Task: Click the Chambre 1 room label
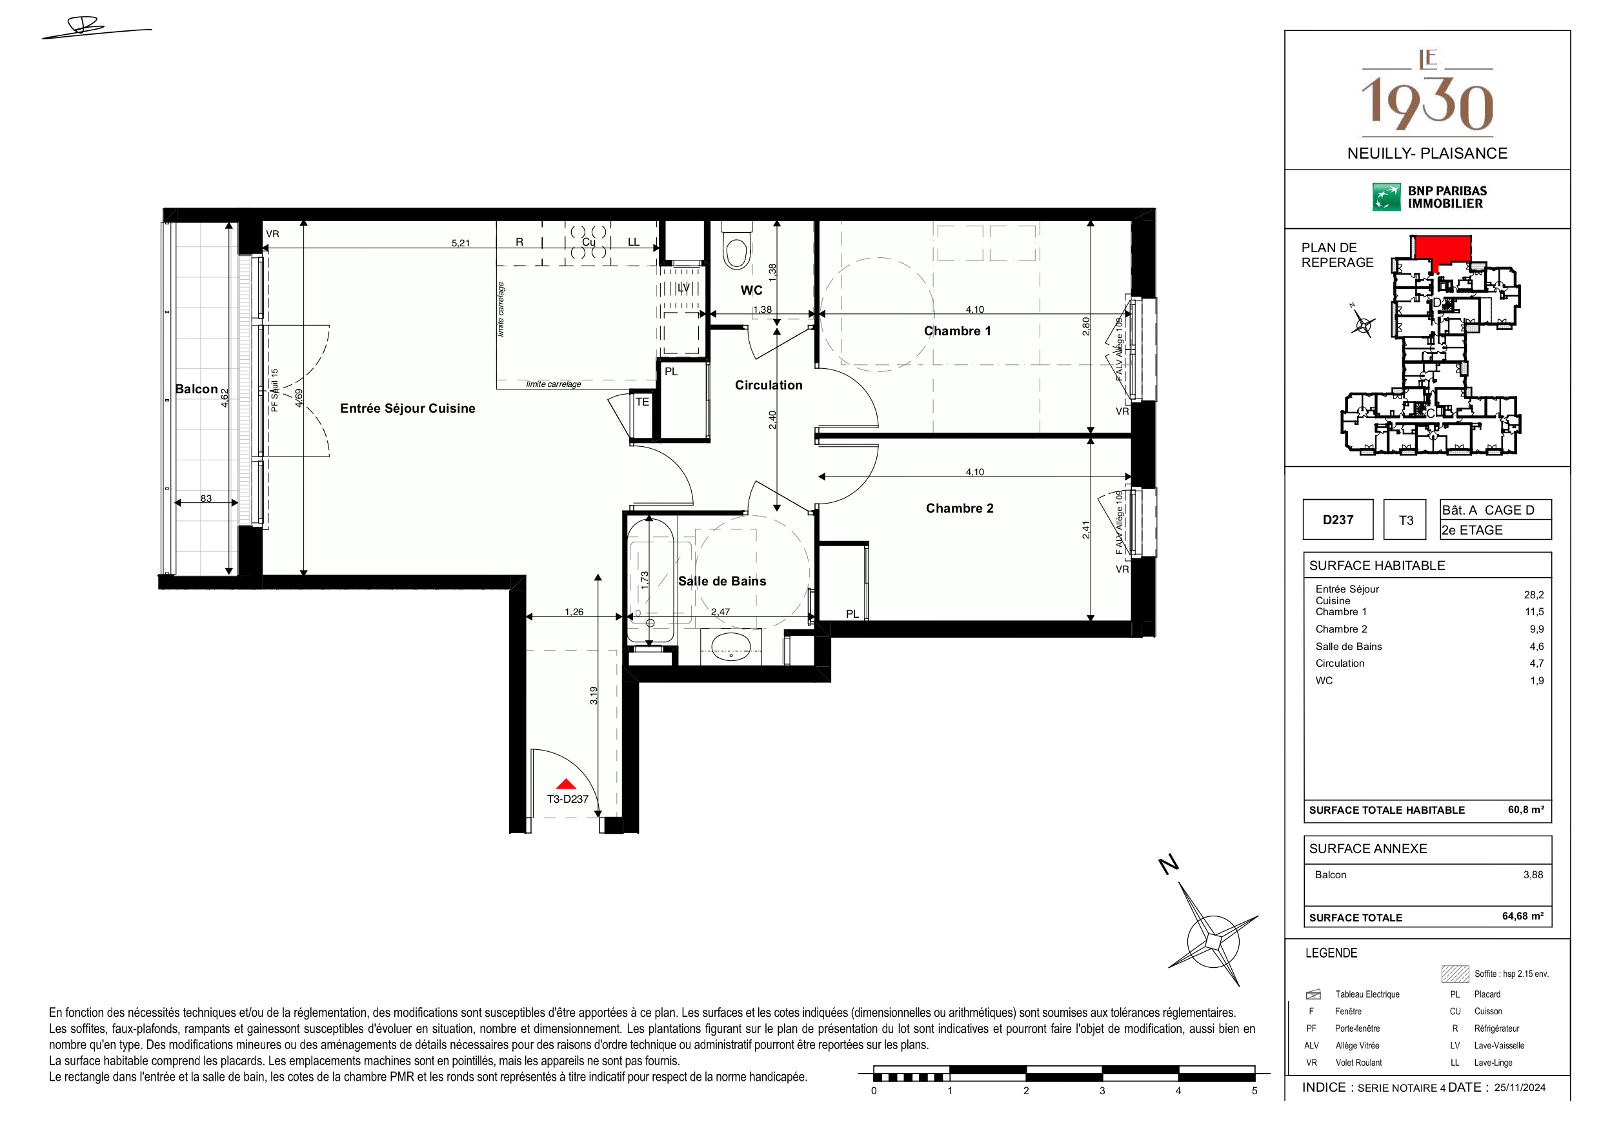tap(958, 331)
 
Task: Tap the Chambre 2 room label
tap(960, 509)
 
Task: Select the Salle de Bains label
tap(721, 581)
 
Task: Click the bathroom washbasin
tap(730, 647)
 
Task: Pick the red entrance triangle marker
tap(566, 784)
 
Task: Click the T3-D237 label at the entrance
tap(568, 800)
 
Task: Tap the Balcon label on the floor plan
tap(197, 389)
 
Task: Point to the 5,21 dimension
tap(460, 243)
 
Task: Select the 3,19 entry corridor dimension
tap(594, 696)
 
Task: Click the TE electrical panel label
tap(642, 402)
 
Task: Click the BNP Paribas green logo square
tap(1386, 197)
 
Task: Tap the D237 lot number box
tap(1338, 520)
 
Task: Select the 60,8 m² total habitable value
tap(1525, 810)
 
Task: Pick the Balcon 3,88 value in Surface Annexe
tap(1533, 874)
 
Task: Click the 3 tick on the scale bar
tap(1102, 1090)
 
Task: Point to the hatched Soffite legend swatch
tap(1455, 974)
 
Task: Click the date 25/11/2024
tap(1520, 1088)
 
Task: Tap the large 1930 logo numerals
tap(1427, 104)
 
